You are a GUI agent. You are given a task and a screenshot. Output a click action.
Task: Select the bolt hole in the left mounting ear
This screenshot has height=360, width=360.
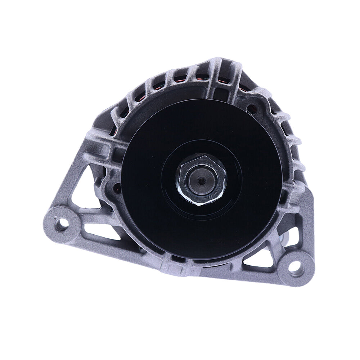[x=62, y=224]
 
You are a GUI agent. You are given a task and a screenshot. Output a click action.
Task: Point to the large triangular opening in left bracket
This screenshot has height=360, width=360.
[x=84, y=191]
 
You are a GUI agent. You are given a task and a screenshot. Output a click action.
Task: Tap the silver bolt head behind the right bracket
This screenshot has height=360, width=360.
[x=287, y=238]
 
